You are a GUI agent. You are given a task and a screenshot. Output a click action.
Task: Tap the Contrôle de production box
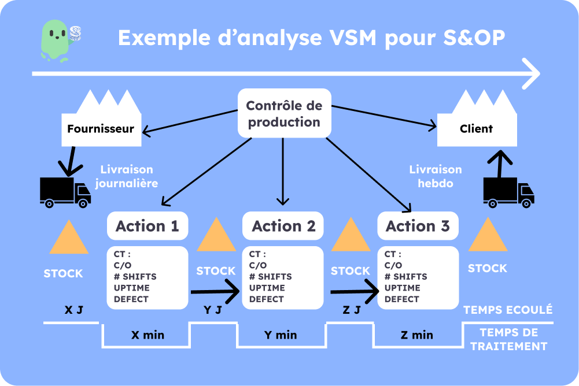point(283,114)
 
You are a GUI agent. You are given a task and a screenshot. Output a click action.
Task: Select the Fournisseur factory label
point(101,128)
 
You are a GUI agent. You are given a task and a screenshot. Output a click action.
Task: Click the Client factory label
point(476,128)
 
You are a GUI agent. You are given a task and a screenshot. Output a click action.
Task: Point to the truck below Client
point(508,192)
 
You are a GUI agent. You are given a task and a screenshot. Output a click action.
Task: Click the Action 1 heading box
point(147,226)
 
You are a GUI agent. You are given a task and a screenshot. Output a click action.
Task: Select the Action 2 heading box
point(283,226)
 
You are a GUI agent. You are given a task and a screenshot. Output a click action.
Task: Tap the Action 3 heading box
point(418,226)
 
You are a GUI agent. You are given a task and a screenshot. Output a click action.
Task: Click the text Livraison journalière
point(127,176)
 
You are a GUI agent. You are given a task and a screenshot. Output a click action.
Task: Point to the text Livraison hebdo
point(436,176)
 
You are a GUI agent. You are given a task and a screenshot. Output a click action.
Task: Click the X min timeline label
point(146,335)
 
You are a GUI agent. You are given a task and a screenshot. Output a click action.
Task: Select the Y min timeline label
point(281,335)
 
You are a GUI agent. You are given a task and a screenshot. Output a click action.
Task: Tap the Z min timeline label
point(416,335)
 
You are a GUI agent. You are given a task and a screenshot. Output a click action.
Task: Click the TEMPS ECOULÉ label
point(508,310)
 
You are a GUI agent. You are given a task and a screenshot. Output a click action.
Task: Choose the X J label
point(74,310)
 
